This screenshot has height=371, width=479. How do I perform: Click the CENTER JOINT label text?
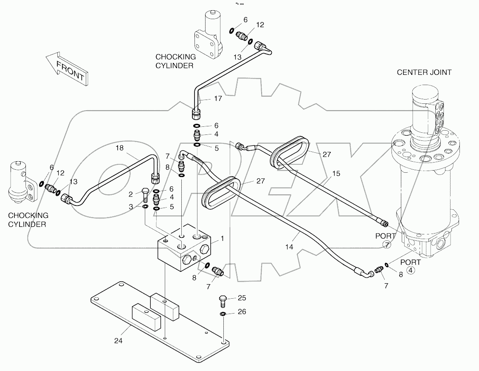pyautogui.click(x=424, y=72)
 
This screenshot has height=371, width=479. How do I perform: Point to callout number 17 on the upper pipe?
pyautogui.click(x=218, y=99)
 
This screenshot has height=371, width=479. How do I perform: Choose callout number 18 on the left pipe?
pyautogui.click(x=120, y=148)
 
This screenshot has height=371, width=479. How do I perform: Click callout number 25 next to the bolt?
pyautogui.click(x=242, y=298)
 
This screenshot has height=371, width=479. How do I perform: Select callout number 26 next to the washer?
pyautogui.click(x=242, y=312)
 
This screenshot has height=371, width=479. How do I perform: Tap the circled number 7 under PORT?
pyautogui.click(x=387, y=244)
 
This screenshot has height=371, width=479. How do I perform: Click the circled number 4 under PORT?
pyautogui.click(x=411, y=270)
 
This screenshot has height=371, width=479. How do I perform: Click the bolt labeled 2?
pyautogui.click(x=145, y=194)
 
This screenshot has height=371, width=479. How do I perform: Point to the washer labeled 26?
pyautogui.click(x=223, y=314)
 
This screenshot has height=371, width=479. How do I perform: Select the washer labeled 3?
pyautogui.click(x=145, y=207)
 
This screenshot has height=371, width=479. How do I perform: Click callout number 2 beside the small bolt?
pyautogui.click(x=132, y=194)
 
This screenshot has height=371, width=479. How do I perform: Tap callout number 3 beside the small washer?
pyautogui.click(x=132, y=206)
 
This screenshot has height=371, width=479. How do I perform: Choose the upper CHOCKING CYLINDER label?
pyautogui.click(x=176, y=61)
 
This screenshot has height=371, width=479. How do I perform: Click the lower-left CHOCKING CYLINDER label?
pyautogui.click(x=28, y=220)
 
